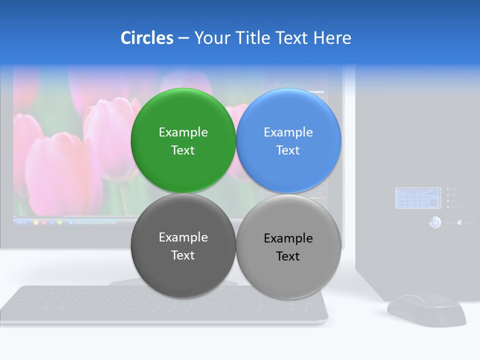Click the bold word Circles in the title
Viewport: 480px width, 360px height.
point(147,38)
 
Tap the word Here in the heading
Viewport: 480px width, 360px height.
point(332,38)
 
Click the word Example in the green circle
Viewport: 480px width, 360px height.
point(183,132)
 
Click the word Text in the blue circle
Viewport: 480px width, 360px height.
point(288,150)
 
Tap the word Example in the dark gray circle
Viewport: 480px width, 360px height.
point(183,237)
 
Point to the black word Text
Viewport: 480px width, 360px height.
point(288,256)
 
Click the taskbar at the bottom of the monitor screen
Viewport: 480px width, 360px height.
point(75,221)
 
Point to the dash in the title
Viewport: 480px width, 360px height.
point(183,38)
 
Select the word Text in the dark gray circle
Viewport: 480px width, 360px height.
point(183,255)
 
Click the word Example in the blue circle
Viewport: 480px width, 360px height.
point(288,132)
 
